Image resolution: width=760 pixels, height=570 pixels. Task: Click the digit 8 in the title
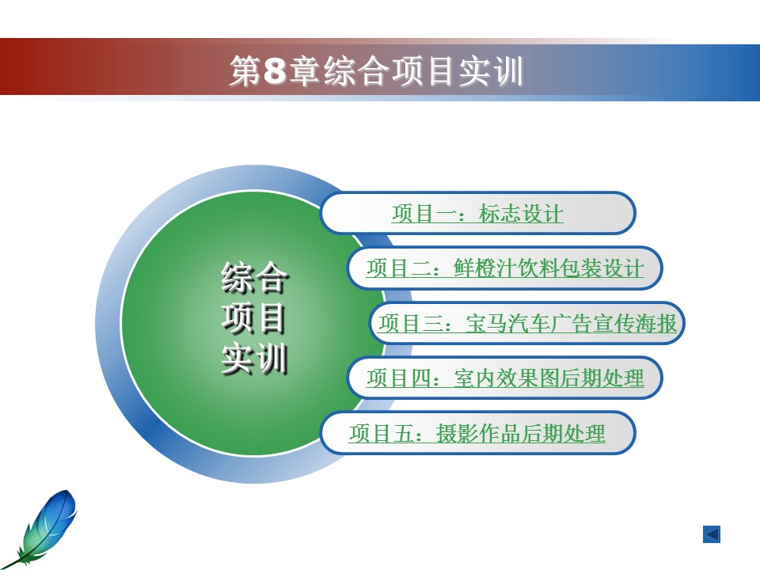[x=275, y=70]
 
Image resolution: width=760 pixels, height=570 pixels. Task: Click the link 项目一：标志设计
[x=477, y=214]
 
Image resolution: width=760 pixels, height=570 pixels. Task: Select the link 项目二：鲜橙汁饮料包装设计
[x=505, y=268]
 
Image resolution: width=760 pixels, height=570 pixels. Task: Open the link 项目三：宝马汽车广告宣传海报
[x=527, y=323]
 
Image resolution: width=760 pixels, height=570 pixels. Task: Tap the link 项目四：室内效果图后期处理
[x=505, y=378]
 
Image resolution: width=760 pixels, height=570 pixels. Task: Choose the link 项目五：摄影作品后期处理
[x=477, y=433]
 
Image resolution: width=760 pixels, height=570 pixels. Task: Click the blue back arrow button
[x=712, y=534]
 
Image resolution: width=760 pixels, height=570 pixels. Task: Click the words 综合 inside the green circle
[x=254, y=277]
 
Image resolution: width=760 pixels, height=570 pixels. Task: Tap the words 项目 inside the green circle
[x=253, y=318]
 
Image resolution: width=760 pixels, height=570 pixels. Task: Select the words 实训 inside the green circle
[x=254, y=359]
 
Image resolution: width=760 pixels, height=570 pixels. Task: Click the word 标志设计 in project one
[x=521, y=214]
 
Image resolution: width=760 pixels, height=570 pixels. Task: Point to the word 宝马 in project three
[x=486, y=323]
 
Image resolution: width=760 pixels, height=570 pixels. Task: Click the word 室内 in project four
[x=475, y=378]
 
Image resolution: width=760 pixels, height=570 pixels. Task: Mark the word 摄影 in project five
[x=458, y=433]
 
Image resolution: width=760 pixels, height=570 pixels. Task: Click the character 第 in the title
[x=245, y=70]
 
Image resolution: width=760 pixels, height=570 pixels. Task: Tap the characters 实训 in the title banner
[x=491, y=70]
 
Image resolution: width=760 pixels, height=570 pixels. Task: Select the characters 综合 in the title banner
[x=356, y=70]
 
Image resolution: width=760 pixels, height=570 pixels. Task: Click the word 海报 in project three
[x=655, y=323]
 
